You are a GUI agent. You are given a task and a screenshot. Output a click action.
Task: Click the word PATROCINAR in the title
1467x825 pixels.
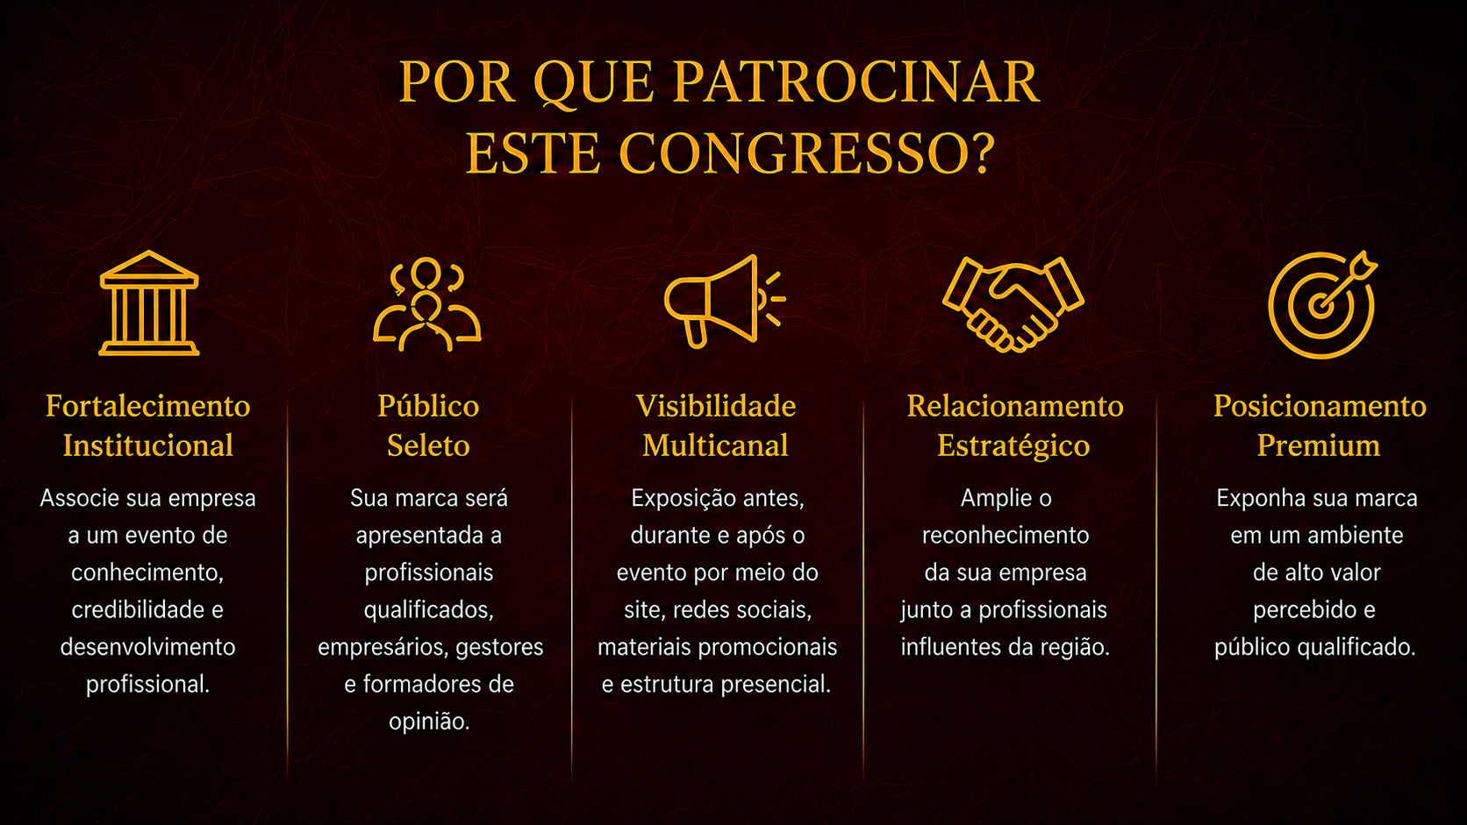point(856,82)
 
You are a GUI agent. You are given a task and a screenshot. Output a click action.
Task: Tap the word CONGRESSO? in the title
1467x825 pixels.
point(806,153)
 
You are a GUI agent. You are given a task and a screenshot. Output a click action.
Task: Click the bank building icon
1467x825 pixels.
point(149,303)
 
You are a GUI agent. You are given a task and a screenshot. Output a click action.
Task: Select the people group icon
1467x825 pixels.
point(427,304)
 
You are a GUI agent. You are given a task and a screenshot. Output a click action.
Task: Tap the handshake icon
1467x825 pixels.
point(1013,304)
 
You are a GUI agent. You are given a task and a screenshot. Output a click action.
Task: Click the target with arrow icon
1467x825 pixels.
point(1321,305)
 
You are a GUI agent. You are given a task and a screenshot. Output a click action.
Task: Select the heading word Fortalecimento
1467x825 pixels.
point(148,406)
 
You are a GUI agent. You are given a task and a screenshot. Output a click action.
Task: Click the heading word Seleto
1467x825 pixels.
point(428,445)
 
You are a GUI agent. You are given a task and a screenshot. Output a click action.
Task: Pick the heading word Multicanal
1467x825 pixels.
point(715,445)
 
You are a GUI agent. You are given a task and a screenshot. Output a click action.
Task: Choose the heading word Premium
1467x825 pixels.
point(1319,445)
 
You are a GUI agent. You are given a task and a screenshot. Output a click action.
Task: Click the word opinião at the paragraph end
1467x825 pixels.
point(428,722)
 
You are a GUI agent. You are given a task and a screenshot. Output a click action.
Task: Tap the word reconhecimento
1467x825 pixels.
point(1005,536)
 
